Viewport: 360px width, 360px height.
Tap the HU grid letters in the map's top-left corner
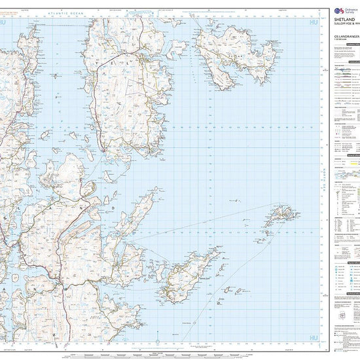click(x=5, y=24)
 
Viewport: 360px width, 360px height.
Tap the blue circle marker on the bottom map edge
click(x=158, y=342)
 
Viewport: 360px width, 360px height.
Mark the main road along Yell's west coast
click(x=94, y=98)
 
